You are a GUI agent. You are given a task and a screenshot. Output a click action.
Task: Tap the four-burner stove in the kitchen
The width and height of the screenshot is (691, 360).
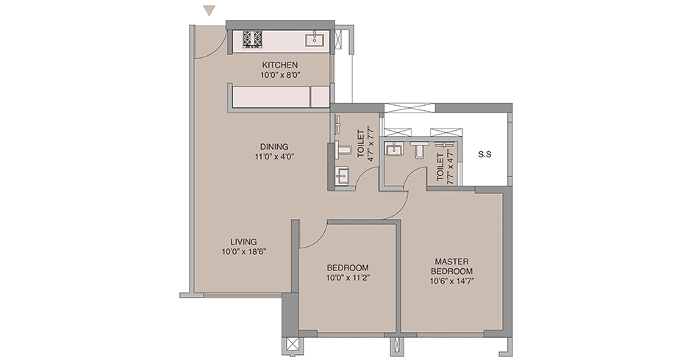point(253,39)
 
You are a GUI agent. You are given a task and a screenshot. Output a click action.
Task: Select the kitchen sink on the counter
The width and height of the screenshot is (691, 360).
point(315,39)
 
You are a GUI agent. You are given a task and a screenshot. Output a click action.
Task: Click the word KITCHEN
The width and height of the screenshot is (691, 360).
point(280,65)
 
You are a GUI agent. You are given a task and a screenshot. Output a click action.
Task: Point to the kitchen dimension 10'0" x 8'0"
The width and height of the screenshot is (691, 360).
point(280,75)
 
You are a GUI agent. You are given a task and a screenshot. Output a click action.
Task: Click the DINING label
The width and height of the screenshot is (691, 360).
point(274,147)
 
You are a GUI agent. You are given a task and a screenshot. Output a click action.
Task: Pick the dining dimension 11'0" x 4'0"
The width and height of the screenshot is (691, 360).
point(274,156)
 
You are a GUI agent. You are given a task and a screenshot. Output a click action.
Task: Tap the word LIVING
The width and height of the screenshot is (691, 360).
point(244,242)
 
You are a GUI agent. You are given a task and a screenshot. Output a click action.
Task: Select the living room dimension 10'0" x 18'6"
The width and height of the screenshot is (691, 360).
point(244,251)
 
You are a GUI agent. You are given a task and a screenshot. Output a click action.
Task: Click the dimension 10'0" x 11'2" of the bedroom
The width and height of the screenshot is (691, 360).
point(348,278)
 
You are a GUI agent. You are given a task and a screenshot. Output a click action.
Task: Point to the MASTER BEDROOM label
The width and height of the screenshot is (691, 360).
point(451,267)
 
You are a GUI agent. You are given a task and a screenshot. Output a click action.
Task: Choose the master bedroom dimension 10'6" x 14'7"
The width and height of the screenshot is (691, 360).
point(451,281)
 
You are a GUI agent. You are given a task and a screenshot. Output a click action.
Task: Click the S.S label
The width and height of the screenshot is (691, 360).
point(484,155)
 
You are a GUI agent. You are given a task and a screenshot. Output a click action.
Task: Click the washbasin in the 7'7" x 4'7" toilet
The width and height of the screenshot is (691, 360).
point(393,149)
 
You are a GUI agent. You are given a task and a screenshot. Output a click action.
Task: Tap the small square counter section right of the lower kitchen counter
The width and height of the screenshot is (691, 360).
point(321,97)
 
